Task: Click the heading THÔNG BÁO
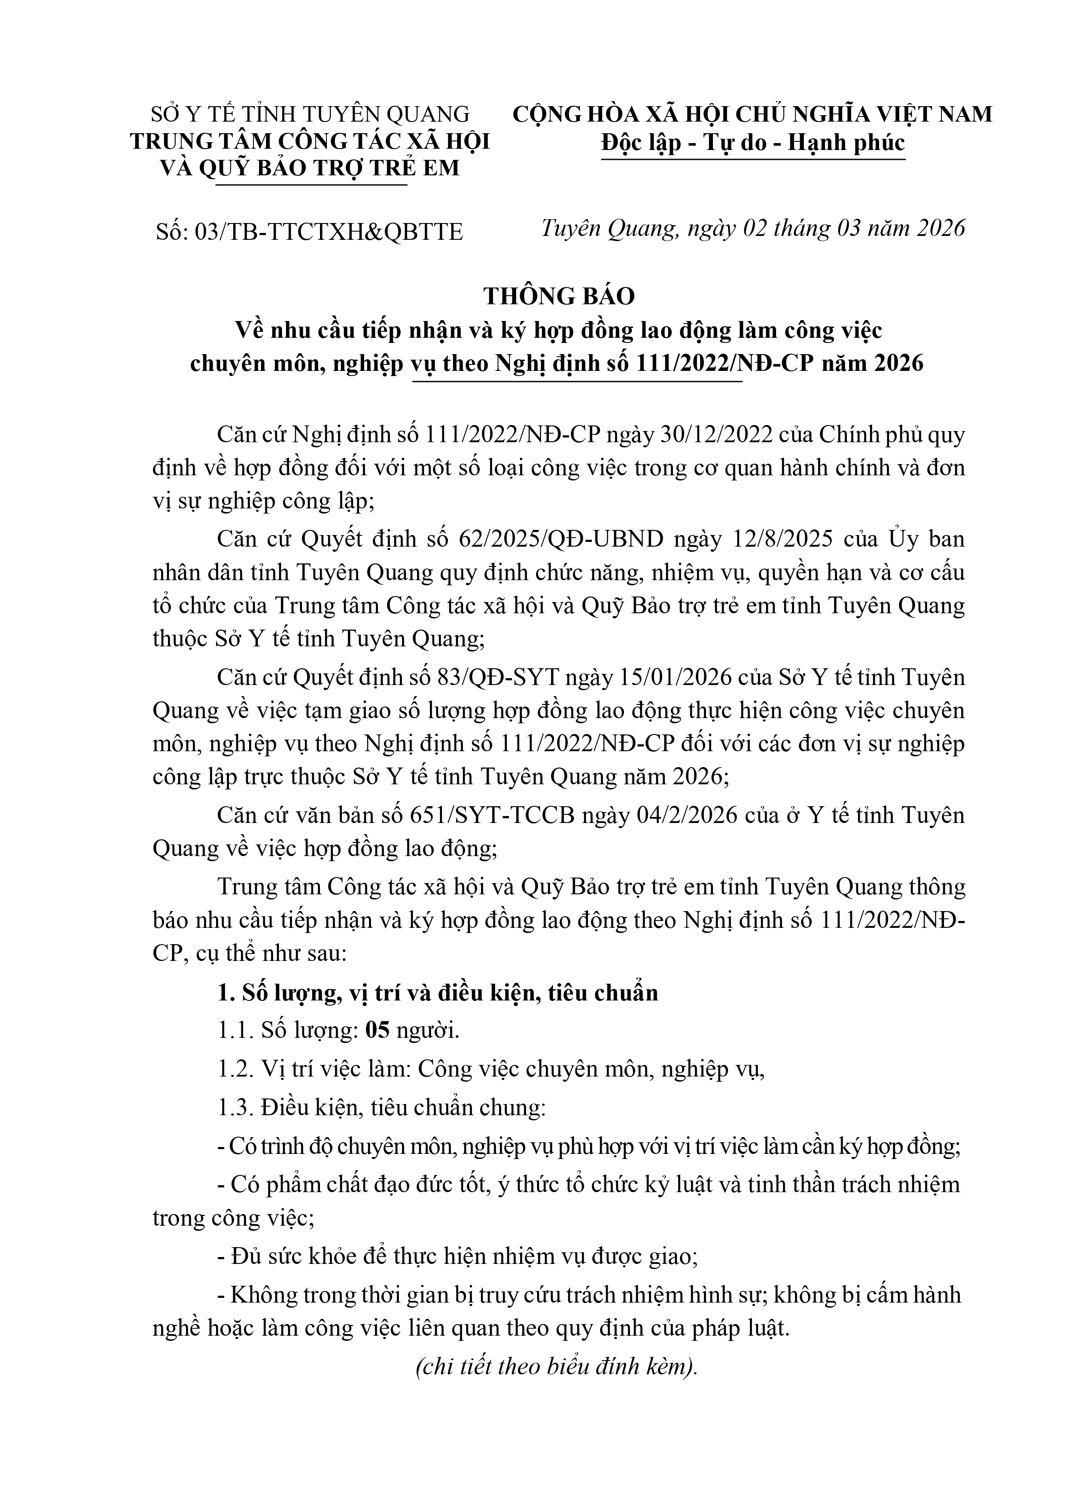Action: [559, 297]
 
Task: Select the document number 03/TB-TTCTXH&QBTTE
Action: [328, 232]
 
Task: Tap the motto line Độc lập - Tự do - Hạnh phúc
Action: [753, 143]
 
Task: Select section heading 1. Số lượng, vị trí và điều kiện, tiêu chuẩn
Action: [438, 992]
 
